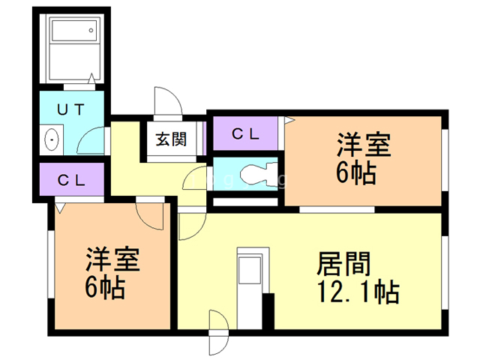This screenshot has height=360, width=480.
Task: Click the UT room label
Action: (70, 109)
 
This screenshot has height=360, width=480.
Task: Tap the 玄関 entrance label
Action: (171, 139)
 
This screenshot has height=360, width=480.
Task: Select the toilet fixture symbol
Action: (258, 175)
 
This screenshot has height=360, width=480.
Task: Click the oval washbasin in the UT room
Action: (51, 139)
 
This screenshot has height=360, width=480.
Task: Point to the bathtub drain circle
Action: (91, 30)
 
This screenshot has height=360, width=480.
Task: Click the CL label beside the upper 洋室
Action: (245, 133)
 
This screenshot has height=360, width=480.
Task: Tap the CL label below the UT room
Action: (71, 180)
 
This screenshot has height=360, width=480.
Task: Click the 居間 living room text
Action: (343, 264)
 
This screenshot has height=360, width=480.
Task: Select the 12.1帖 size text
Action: (358, 292)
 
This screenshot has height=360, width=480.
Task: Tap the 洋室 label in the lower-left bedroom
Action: (112, 259)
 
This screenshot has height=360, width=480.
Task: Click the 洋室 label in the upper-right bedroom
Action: (364, 145)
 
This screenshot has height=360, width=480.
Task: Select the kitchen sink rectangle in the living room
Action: (250, 270)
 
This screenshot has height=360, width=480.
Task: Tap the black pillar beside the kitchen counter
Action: (268, 311)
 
